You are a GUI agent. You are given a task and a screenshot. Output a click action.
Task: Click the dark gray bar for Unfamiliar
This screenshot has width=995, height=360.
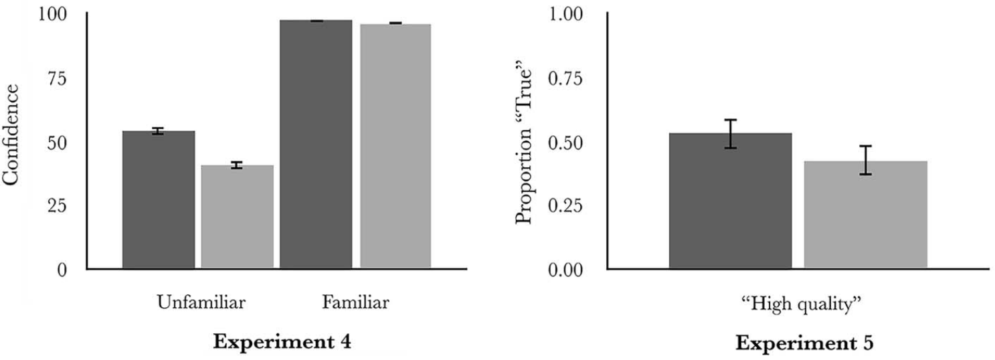tap(159, 200)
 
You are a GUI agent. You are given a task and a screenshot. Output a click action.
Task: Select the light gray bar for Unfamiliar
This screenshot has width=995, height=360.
tap(238, 217)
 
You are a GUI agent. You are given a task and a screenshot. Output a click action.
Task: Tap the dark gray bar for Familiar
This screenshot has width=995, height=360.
tap(316, 145)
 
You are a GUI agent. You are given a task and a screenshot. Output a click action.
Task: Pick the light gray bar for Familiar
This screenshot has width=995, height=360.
tap(395, 147)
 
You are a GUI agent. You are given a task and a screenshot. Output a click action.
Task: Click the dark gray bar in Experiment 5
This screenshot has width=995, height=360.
tap(731, 201)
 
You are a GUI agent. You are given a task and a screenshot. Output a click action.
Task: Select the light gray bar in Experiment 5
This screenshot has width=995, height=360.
tap(865, 215)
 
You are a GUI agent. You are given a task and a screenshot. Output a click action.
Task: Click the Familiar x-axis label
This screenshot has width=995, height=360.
tap(355, 303)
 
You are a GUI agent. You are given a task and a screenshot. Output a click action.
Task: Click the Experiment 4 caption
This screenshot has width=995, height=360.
tap(282, 342)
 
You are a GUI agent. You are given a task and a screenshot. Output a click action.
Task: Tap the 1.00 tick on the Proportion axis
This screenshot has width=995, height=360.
tap(565, 14)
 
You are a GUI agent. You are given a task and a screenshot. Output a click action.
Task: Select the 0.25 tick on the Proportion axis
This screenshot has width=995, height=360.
tap(565, 205)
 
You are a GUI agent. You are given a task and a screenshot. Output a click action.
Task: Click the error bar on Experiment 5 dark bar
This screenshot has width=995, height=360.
tap(731, 134)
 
